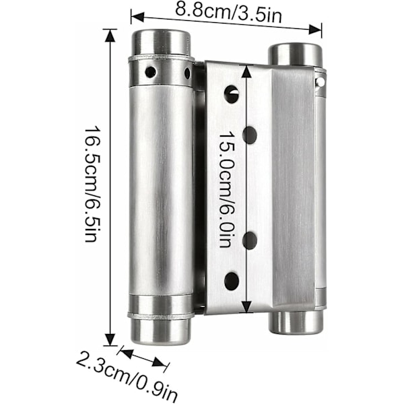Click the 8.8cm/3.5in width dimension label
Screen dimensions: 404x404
pyautogui.click(x=228, y=13)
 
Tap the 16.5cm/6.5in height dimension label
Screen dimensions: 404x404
pyautogui.click(x=91, y=184)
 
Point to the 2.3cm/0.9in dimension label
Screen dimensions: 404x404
pyautogui.click(x=127, y=376)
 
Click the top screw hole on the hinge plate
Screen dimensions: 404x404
pyautogui.click(x=232, y=94)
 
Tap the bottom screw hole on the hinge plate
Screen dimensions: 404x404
pyautogui.click(x=231, y=281)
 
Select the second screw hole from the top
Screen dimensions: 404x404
pyautogui.click(x=250, y=135)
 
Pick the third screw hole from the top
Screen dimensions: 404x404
pyautogui.click(x=250, y=240)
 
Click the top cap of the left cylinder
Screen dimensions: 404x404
pyautogui.click(x=162, y=42)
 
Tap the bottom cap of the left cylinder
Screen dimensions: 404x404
pyautogui.click(x=161, y=331)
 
